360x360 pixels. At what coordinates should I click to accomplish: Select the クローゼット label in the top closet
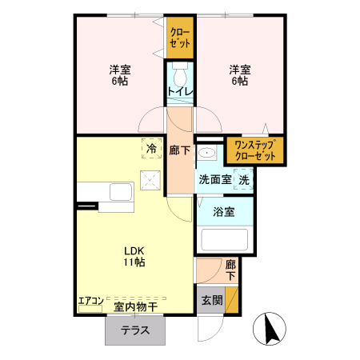point(180,38)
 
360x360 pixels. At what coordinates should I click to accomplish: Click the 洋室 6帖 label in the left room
point(121,76)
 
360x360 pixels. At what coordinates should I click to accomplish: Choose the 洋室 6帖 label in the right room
point(240,76)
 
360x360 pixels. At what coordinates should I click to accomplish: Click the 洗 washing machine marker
point(243,181)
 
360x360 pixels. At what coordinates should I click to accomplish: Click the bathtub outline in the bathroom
point(224,241)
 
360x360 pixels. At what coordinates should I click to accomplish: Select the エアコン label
point(90,302)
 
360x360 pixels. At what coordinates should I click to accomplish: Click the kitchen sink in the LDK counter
point(121,193)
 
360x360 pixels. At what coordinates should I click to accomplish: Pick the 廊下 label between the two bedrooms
point(180,150)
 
